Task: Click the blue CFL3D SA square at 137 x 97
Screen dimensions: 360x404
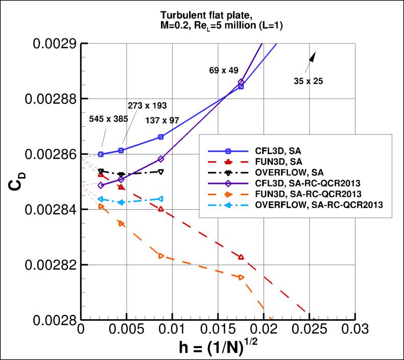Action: coord(161,137)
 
